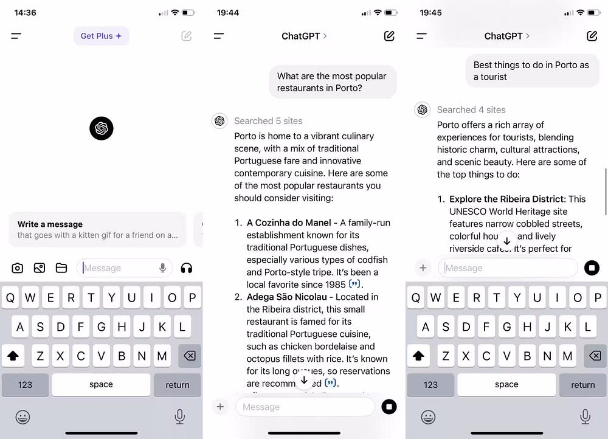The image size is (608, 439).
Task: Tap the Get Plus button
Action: click(x=101, y=36)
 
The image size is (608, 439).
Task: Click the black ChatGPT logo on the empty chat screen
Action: click(x=101, y=128)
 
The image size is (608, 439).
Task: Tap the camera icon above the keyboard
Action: click(x=18, y=268)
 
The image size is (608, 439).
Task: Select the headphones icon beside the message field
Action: click(x=186, y=268)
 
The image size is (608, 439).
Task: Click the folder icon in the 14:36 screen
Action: click(x=61, y=268)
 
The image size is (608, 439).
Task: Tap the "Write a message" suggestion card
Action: click(x=97, y=229)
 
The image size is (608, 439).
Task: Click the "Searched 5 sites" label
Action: click(x=268, y=121)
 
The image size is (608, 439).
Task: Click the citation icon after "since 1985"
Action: click(x=355, y=284)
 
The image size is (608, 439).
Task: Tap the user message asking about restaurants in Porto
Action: click(x=332, y=82)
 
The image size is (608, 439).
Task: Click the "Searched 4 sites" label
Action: click(x=471, y=109)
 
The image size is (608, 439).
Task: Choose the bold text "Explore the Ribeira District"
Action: click(x=506, y=199)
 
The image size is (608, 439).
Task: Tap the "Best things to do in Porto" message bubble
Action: click(x=531, y=71)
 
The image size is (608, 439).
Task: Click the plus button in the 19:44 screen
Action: click(x=220, y=407)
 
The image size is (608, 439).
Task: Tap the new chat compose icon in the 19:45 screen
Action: click(x=592, y=36)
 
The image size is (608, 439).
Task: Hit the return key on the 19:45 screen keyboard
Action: click(x=582, y=384)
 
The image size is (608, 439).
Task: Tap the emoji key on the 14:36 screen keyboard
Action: click(x=22, y=417)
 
